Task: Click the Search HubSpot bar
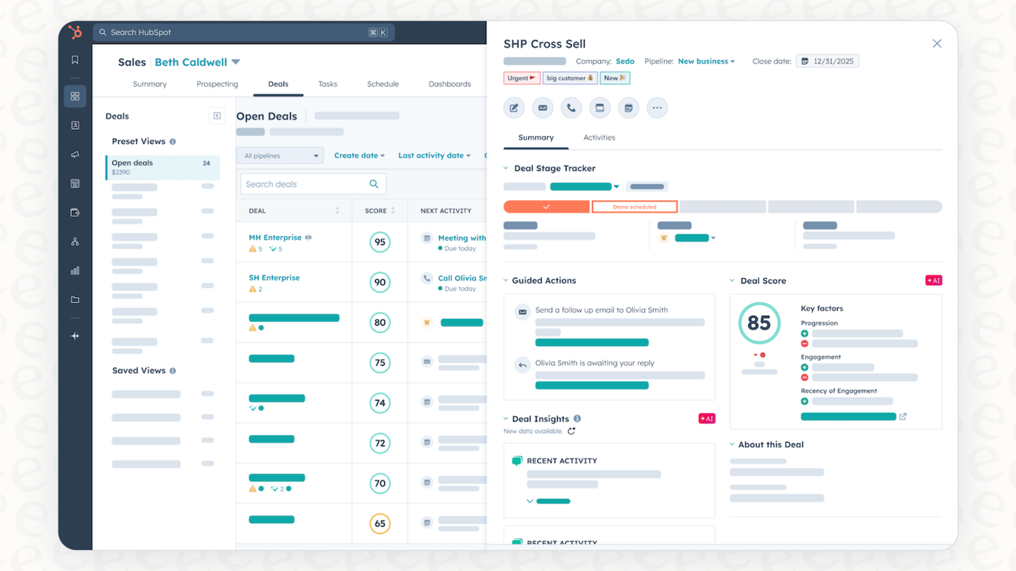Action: [x=242, y=33]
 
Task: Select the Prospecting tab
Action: [x=217, y=84]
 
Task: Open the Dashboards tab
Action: [x=449, y=84]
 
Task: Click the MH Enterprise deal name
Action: [x=275, y=237]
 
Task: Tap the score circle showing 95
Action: [x=380, y=242]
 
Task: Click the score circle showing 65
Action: [x=380, y=524]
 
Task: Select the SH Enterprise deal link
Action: [x=274, y=278]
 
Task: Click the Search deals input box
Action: [x=305, y=184]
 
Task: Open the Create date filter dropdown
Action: [x=359, y=155]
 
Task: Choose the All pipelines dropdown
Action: [x=280, y=156]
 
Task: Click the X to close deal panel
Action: [x=937, y=44]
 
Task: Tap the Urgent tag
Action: [x=521, y=78]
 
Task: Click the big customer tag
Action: [x=570, y=78]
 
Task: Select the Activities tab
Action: [x=599, y=138]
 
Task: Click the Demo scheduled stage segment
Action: [x=634, y=207]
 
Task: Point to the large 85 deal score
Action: [x=759, y=323]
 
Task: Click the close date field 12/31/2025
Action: [x=827, y=61]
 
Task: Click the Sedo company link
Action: [x=625, y=61]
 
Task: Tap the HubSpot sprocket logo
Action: [x=75, y=32]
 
